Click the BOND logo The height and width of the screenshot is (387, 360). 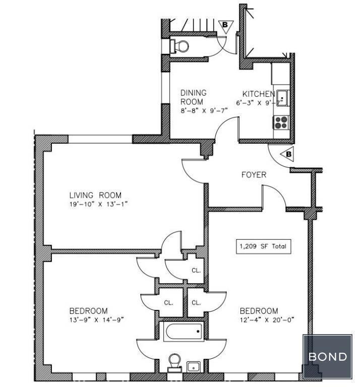pos(327,357)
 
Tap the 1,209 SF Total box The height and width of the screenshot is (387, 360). pos(264,246)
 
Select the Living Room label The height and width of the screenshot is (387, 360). pos(95,195)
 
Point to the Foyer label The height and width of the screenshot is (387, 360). pos(254,175)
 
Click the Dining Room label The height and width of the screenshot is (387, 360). pos(193,97)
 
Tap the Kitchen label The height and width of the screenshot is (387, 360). pos(259,94)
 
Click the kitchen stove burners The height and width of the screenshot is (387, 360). pos(281,122)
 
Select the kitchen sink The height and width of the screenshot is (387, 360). pos(282,98)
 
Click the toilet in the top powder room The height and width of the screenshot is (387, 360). pos(179,46)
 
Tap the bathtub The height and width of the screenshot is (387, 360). pos(184,331)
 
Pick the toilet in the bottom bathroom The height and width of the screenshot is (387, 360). pos(174,362)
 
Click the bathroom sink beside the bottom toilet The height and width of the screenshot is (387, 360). pos(194,366)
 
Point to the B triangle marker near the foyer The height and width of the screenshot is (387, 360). pos(288,154)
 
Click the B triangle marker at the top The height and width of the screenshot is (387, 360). pos(226,26)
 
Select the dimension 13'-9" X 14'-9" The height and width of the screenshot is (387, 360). pos(96,320)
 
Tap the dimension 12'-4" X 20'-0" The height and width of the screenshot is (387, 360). pos(267,320)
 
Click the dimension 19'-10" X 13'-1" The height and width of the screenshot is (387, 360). pos(98,204)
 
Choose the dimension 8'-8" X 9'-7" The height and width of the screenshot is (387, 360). pos(204,110)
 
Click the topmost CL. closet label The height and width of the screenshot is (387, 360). pos(196,270)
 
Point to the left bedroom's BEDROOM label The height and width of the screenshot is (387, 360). pos(88,311)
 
